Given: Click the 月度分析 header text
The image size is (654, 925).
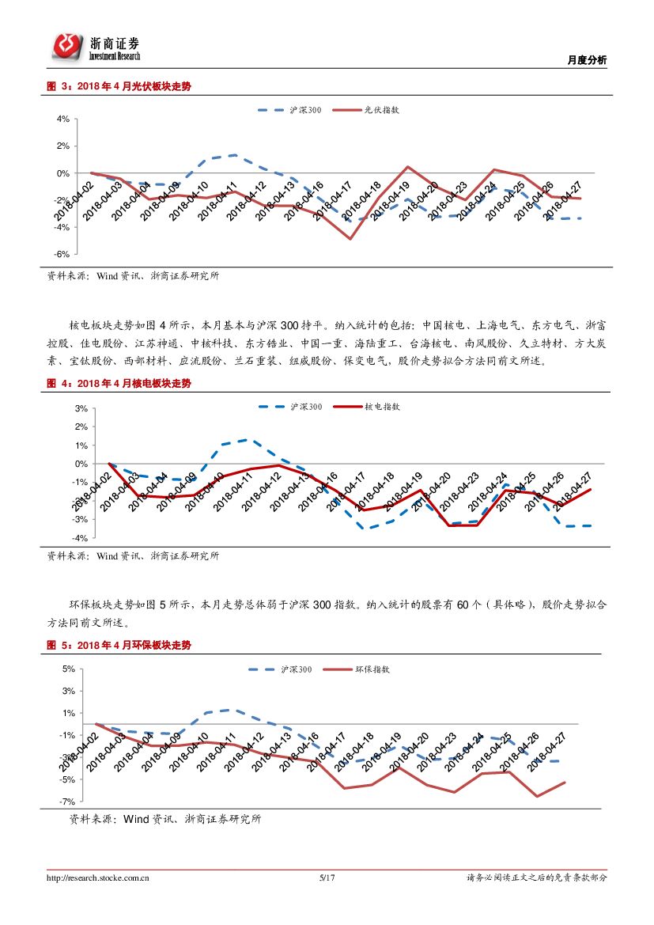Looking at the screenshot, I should pyautogui.click(x=588, y=61).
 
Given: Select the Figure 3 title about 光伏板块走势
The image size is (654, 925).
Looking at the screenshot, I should pyautogui.click(x=119, y=87).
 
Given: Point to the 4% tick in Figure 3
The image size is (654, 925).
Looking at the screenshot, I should pyautogui.click(x=62, y=119).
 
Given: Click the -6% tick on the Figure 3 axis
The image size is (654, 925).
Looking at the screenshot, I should pyautogui.click(x=62, y=255).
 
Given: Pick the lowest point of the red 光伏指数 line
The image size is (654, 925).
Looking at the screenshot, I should pyautogui.click(x=350, y=238).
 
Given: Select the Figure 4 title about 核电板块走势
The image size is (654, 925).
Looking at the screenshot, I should pyautogui.click(x=119, y=384).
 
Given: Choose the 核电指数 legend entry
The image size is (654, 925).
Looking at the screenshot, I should pyautogui.click(x=382, y=407).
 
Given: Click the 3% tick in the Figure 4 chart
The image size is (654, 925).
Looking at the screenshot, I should pyautogui.click(x=81, y=408).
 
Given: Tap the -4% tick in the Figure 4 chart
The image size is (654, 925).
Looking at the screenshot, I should pyautogui.click(x=80, y=538).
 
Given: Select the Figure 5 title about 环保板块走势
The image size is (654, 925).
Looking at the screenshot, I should pyautogui.click(x=119, y=646).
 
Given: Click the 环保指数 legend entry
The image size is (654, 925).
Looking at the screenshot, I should pyautogui.click(x=372, y=669).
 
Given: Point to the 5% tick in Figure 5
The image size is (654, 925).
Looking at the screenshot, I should pyautogui.click(x=69, y=669).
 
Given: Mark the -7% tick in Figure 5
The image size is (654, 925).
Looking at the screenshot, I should pyautogui.click(x=68, y=802).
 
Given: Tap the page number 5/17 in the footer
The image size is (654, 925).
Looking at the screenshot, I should pyautogui.click(x=327, y=878).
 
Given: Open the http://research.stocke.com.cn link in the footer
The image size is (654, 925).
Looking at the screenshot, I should pyautogui.click(x=99, y=878).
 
